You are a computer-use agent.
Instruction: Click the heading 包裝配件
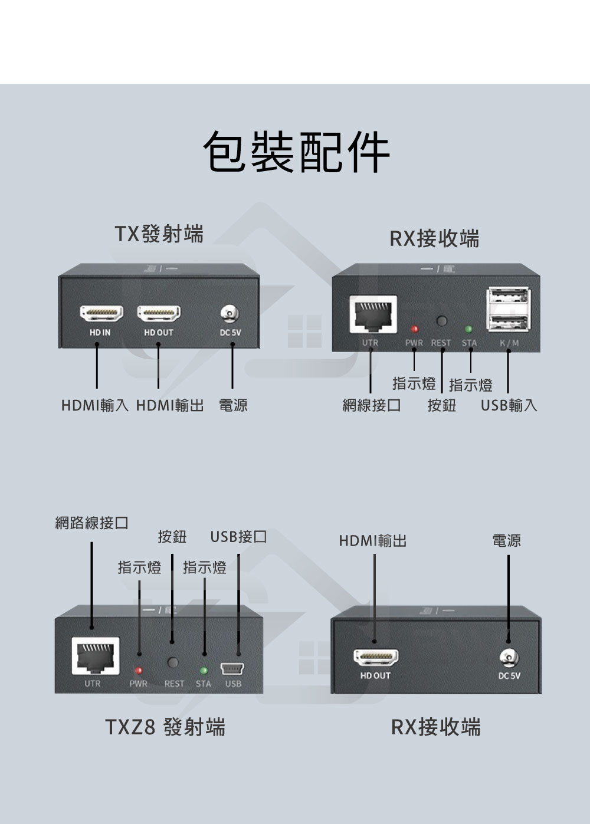coord(296,152)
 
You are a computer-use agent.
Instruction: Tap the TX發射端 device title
coord(159,234)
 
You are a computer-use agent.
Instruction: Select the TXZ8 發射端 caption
coord(165,727)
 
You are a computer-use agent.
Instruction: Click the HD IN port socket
coord(101,313)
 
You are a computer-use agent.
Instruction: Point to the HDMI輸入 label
coord(94,406)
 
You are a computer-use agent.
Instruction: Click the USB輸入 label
coord(509,406)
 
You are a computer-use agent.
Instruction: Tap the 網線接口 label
coord(371,406)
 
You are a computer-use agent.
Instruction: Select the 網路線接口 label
coord(91,523)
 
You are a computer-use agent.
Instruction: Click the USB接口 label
coord(238,537)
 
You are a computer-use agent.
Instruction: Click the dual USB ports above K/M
coord(507,310)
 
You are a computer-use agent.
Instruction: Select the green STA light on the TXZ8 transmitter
coord(204,671)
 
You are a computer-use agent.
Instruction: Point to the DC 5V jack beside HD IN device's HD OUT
coord(231,313)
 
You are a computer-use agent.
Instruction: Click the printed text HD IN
coord(100,333)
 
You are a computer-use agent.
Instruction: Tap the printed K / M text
coord(509,343)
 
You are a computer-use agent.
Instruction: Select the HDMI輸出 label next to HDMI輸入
coord(170,406)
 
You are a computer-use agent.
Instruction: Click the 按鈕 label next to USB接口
coord(172,537)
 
